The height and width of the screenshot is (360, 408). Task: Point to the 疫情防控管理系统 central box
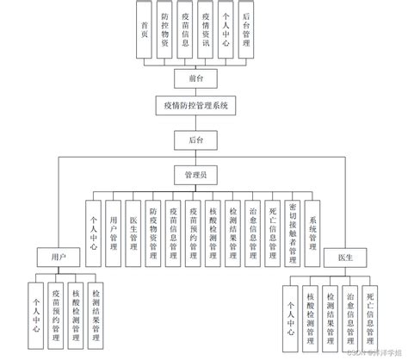tap(195, 107)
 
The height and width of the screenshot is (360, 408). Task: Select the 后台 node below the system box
tap(195, 139)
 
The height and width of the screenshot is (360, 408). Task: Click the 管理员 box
tap(195, 175)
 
